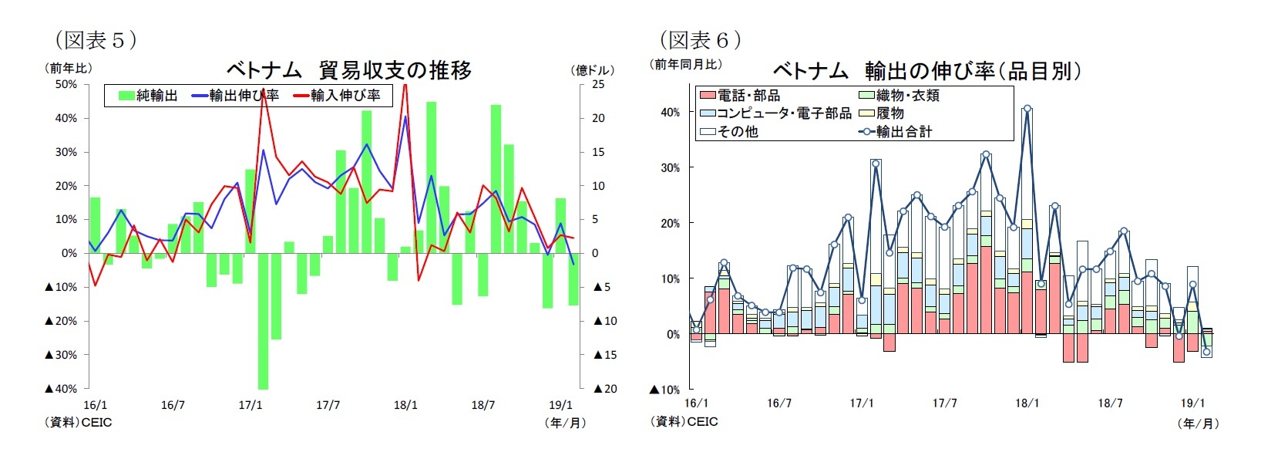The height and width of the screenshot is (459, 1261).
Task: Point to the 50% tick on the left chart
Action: pos(66,84)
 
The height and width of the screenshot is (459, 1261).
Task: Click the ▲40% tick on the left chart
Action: pos(61,389)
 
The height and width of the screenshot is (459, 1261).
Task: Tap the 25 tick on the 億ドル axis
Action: pos(598,84)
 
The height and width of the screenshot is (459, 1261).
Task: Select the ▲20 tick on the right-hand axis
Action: pos(606,389)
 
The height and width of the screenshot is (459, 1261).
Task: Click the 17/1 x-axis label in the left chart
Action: pos(250,405)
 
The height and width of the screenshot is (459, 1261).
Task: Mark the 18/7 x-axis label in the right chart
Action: pos(1110,403)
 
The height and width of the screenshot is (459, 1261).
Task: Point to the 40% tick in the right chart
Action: pos(670,112)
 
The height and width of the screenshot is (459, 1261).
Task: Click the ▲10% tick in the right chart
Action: pos(664,390)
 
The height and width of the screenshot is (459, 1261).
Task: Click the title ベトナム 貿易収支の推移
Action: pos(348,70)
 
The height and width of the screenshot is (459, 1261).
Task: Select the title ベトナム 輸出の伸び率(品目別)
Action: pos(926,71)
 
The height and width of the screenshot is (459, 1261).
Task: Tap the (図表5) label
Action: pos(96,39)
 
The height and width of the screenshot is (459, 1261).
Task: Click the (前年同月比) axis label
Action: pos(686,64)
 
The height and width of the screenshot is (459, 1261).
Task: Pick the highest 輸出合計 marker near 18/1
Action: pos(1027,109)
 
